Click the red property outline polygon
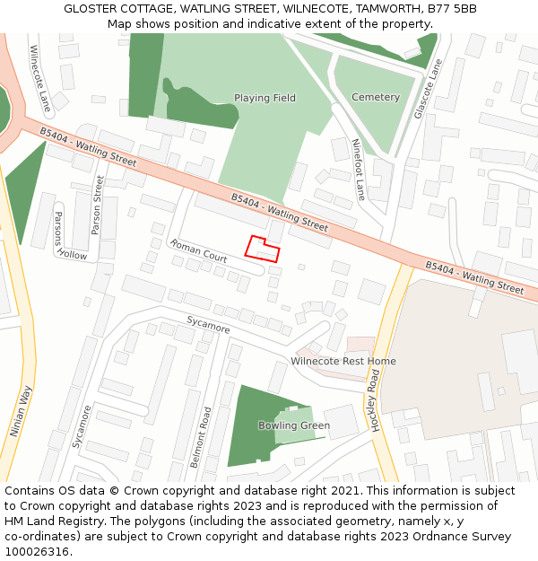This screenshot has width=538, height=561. pos(263,249)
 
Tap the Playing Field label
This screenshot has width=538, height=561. pos(265,98)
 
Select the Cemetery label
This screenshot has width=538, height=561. pos(376,97)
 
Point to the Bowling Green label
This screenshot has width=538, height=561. pos(294,425)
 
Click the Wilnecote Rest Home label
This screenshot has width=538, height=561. pos(343,362)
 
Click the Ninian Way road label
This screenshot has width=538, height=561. pos(21,410)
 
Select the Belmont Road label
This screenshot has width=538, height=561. pos(207,437)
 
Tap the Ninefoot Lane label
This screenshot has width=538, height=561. pos(359,169)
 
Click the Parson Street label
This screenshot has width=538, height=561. pos(97,206)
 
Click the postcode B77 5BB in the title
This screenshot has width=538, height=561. pos(452,8)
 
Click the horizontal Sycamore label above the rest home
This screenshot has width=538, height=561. pos(208,324)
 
